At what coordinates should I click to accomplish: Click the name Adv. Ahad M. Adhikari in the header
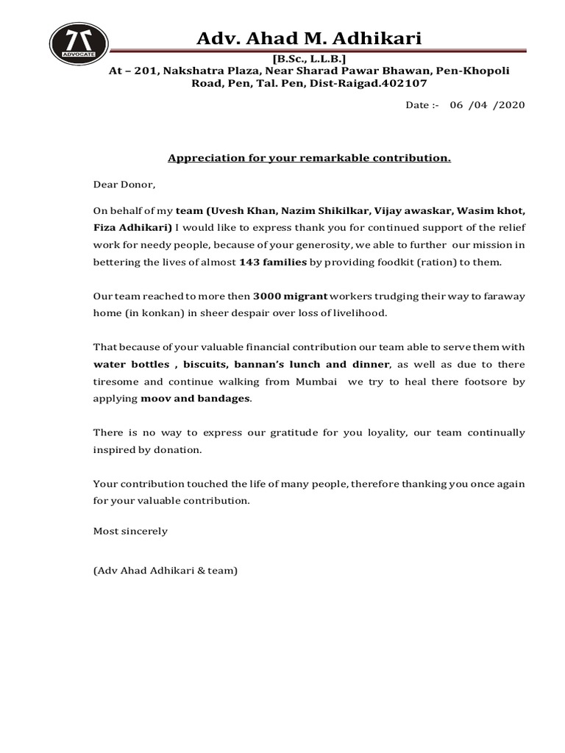309,38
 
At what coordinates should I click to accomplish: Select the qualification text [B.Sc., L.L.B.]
309,59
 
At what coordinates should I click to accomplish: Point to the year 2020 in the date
511,105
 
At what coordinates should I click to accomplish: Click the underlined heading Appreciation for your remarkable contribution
309,158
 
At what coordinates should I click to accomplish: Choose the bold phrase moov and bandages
195,399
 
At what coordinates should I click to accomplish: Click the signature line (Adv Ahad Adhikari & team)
166,570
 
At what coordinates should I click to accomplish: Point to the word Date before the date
417,105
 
